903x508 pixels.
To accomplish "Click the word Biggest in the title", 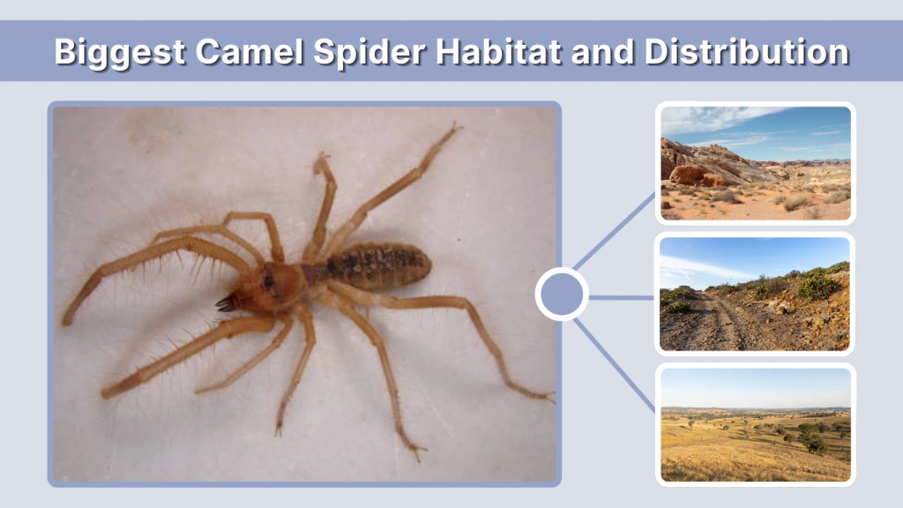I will click(120, 52).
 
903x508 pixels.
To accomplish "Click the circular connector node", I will click(562, 295).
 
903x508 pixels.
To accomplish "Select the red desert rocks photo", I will click(755, 163).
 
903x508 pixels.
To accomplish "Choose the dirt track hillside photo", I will click(755, 294).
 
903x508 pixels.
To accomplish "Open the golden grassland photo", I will click(755, 424).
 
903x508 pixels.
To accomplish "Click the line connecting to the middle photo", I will click(622, 297).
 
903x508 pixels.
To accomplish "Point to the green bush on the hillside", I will click(816, 284).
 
